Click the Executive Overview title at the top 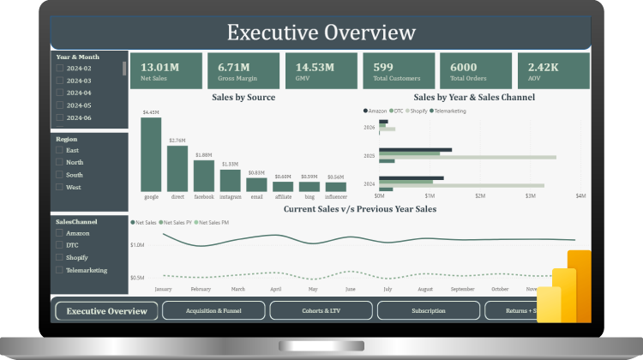[x=321, y=33]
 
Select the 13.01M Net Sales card [x=166, y=70]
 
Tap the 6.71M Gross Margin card [x=243, y=70]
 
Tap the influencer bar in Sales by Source [x=336, y=186]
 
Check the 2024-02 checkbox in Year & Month [x=59, y=69]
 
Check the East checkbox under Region [x=59, y=150]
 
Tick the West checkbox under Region [x=59, y=187]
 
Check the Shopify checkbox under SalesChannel [x=59, y=257]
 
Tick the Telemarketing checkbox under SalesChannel [x=59, y=270]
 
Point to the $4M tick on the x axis [x=580, y=196]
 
